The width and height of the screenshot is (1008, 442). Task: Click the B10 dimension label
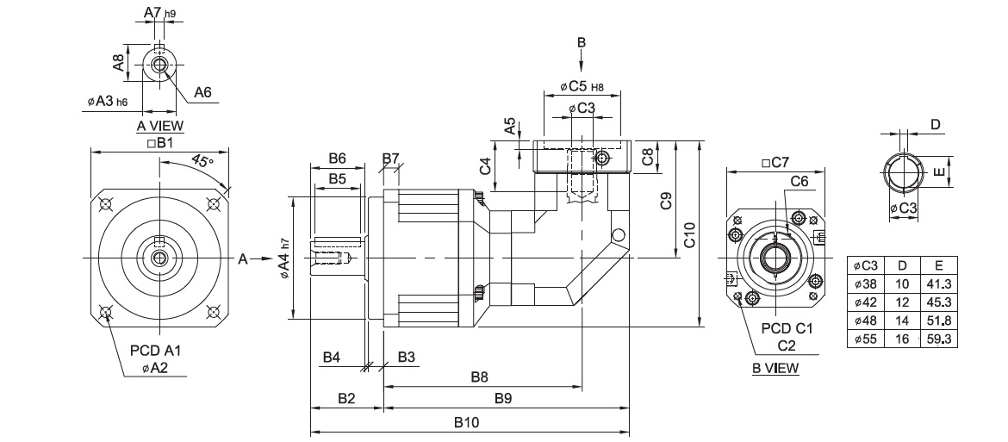468,423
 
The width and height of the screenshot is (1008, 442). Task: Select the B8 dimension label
480,377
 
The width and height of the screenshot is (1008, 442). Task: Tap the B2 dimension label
346,399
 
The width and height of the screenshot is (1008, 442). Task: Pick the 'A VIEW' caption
159,126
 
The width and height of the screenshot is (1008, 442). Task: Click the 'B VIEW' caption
775,368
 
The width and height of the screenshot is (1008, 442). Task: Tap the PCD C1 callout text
786,328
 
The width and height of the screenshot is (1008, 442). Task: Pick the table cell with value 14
902,321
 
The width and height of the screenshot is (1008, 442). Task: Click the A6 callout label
203,93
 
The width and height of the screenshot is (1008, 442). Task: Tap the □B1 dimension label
160,142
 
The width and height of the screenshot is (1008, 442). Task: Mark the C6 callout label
799,182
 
